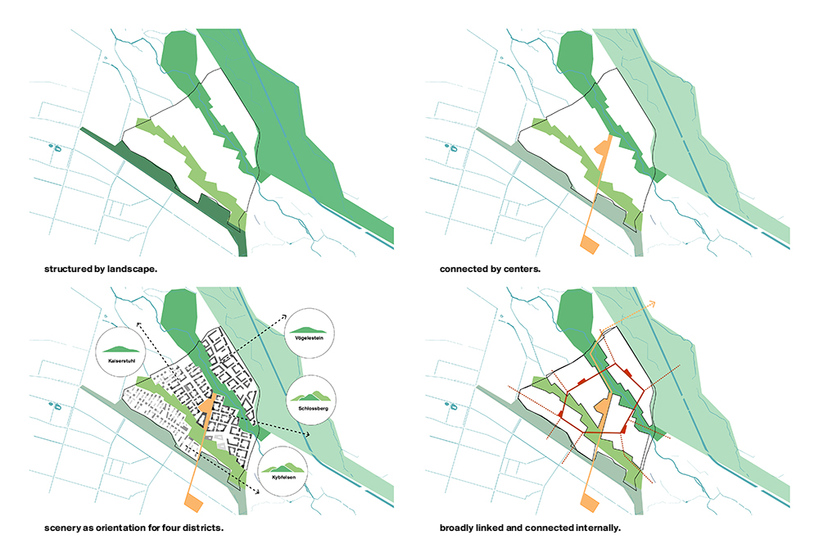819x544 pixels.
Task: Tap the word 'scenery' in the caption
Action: point(65,527)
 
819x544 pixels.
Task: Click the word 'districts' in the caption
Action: point(201,527)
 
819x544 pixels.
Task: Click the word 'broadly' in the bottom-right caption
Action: point(459,527)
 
